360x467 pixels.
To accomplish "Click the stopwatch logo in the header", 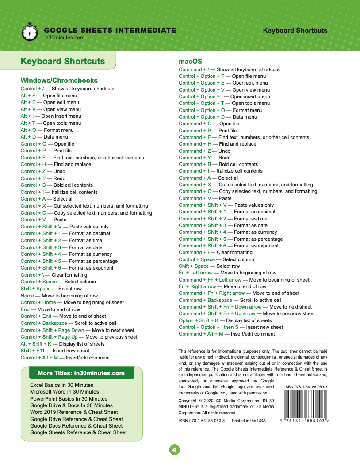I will pos(29,32).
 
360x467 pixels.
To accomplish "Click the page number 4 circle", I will pos(174,450).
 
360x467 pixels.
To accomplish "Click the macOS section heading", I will pos(190,62).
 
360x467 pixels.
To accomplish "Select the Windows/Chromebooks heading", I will pos(59,81).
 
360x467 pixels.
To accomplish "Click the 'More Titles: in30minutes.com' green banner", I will pos(81,373).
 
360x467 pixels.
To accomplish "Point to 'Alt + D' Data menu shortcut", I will pos(28,137).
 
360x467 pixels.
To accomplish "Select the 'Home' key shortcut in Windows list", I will pos(27,296).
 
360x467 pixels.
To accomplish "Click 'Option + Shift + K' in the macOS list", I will pos(198,320).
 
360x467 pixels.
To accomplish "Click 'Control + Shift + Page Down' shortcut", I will pos(52,330).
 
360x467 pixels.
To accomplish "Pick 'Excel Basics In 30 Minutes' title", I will pos(61,385).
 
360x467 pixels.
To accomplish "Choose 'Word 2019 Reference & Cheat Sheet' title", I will pos(74,412).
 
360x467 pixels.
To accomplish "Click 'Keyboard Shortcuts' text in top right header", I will pos(295,31).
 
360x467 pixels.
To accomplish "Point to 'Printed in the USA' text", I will pos(249,421).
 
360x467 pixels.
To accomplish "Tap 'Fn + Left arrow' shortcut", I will pos(195,273).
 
